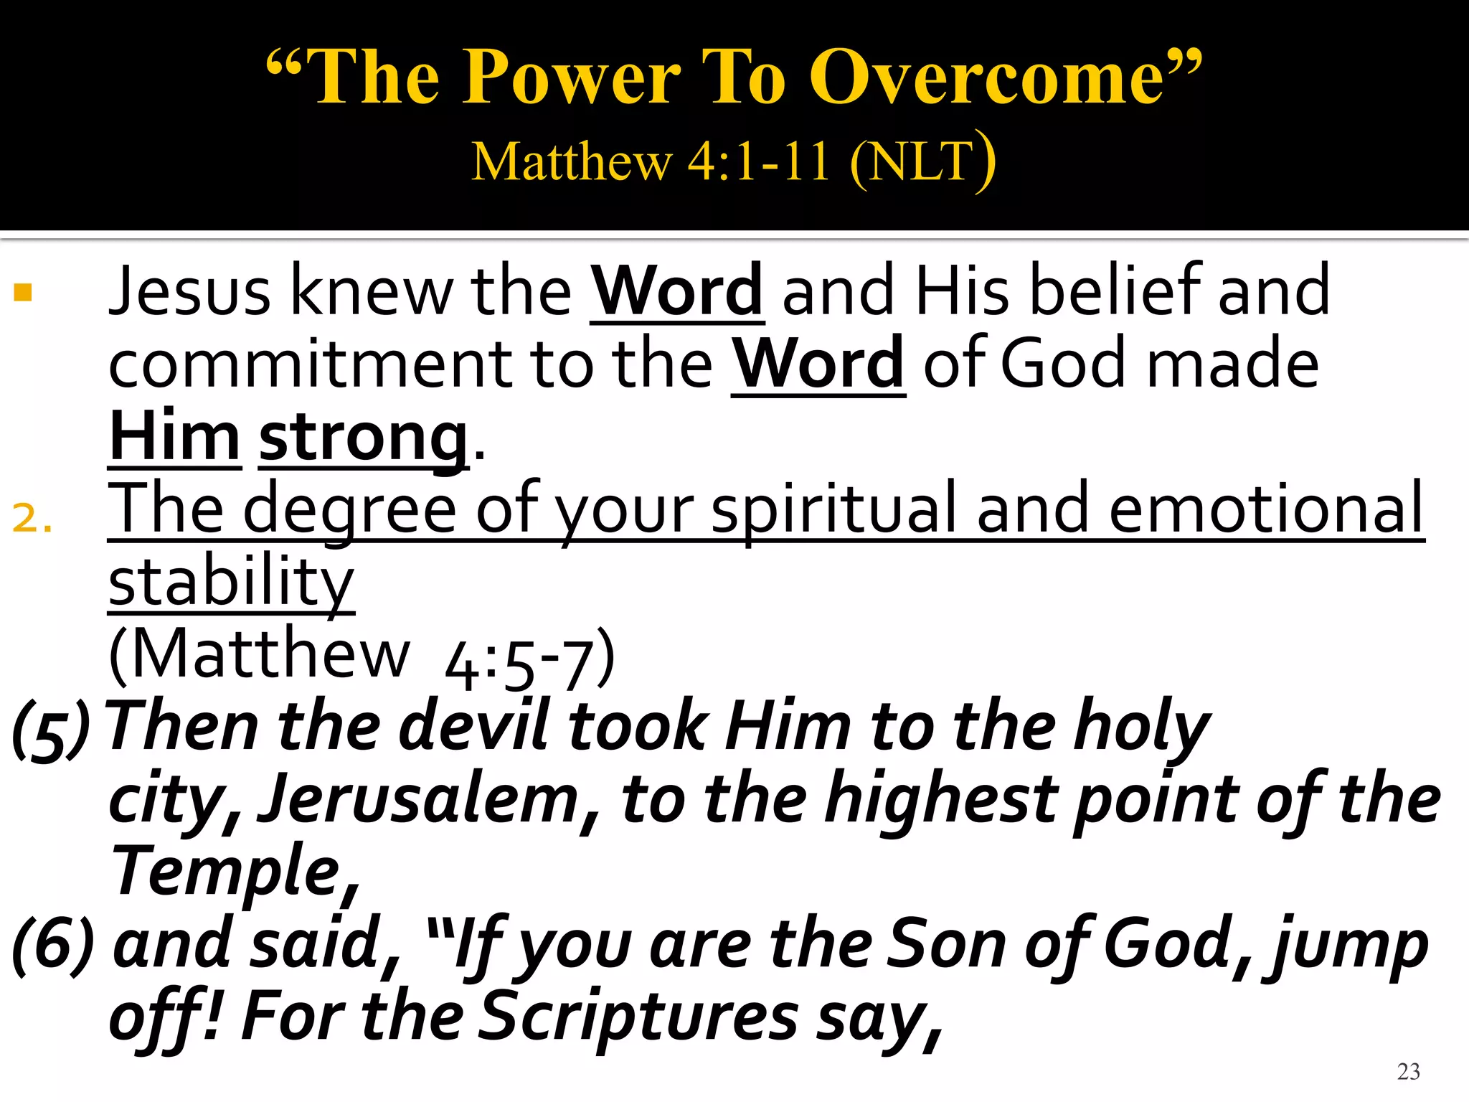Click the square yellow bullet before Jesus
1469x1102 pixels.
tap(23, 292)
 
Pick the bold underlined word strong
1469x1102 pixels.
tap(363, 438)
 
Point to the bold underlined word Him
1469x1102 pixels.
tap(174, 438)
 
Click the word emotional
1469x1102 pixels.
tap(1266, 509)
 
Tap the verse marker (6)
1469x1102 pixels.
tap(54, 946)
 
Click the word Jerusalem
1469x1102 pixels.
tap(418, 801)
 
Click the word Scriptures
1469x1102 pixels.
tap(638, 1017)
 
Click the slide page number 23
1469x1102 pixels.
tap(1408, 1071)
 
